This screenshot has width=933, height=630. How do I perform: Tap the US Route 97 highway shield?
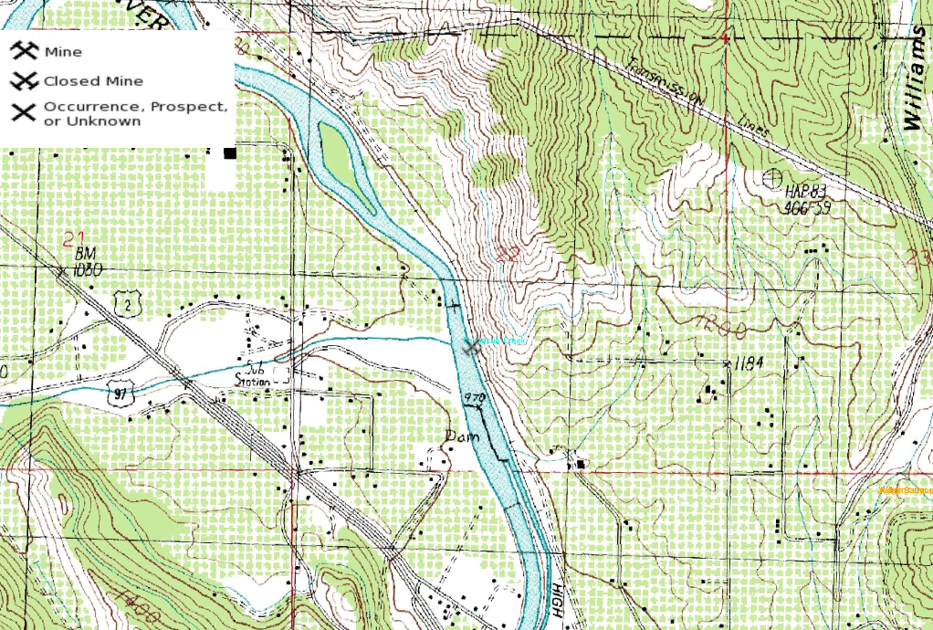coord(119,394)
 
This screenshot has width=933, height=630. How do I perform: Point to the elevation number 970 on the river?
coord(472,398)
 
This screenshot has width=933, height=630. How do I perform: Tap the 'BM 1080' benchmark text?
coord(89,260)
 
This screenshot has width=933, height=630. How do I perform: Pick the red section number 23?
coord(921,257)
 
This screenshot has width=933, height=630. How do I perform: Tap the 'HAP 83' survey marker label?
coord(805,191)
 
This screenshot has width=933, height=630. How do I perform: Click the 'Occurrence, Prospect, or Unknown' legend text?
coord(135,113)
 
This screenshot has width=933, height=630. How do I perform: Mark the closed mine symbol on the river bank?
coord(472,347)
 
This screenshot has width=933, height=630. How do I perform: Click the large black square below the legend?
coord(230,153)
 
